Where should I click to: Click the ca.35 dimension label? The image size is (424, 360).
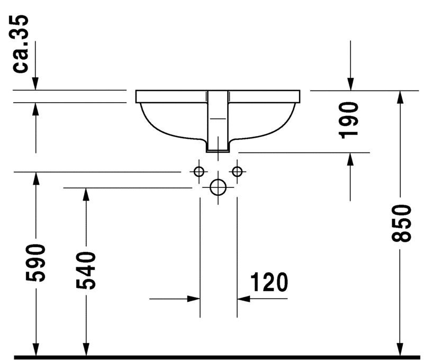tap(21, 44)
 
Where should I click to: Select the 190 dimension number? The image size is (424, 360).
tap(348, 120)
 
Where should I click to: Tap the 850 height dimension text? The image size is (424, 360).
tap(401, 223)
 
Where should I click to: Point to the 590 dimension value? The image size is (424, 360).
tap(35, 263)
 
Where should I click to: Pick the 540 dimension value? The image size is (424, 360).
tap(86, 270)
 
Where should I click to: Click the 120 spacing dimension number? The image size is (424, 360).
tap(269, 282)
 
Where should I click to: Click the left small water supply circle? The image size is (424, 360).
tap(199, 172)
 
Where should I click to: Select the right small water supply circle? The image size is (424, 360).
tap(237, 172)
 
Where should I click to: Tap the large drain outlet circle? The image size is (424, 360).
tap(218, 187)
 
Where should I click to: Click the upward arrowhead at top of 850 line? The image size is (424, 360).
tap(401, 97)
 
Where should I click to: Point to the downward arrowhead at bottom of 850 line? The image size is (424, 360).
tap(401, 350)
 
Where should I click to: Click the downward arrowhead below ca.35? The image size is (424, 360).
tap(35, 84)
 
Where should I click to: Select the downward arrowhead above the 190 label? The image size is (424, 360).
tap(350, 84)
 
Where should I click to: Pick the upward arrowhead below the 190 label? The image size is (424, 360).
tap(350, 159)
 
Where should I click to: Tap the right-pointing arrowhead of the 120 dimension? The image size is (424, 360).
tap(194, 299)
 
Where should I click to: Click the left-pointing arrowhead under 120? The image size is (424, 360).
tap(243, 299)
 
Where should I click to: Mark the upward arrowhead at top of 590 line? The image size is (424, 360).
tap(35, 178)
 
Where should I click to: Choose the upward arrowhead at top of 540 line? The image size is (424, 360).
tap(86, 194)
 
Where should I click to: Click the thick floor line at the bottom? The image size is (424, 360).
tap(216, 357)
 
